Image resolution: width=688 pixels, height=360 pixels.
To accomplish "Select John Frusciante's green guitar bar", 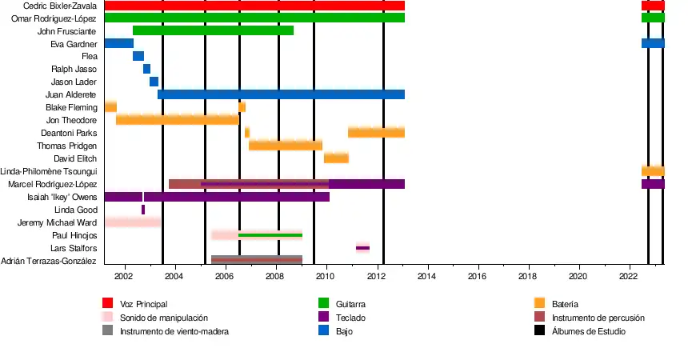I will (213, 30).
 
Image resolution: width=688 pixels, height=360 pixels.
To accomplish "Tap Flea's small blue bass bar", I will (138, 56).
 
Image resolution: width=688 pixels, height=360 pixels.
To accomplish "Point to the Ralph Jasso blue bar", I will (146, 69).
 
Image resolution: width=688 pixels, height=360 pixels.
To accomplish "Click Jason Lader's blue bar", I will (154, 82).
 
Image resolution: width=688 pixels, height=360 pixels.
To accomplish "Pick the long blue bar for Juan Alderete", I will (281, 94).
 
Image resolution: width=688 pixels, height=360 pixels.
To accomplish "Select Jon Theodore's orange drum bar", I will (177, 120).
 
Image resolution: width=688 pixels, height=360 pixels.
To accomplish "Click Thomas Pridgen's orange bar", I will (285, 146).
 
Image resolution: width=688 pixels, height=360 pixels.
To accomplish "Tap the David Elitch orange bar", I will (336, 158).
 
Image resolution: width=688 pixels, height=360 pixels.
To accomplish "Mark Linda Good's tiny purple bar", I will (143, 210).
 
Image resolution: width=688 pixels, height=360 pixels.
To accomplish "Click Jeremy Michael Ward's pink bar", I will (133, 222).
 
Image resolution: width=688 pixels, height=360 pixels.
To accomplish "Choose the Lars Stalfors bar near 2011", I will (362, 248).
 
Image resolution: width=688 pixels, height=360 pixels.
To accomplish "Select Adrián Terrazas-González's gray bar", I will (256, 260).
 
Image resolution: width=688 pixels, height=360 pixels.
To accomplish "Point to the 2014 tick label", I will (426, 276).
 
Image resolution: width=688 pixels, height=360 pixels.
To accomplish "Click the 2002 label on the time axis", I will (124, 276).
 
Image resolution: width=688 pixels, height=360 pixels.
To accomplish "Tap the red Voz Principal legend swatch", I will (107, 303).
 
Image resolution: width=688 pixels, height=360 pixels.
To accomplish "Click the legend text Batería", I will (565, 304).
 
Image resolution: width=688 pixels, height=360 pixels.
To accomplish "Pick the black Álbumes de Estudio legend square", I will (539, 330).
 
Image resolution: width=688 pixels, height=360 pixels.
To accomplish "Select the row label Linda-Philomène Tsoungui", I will (49, 171).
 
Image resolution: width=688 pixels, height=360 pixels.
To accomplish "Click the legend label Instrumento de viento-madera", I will (174, 331).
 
